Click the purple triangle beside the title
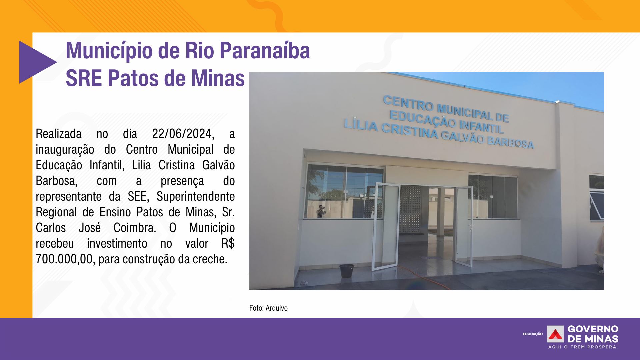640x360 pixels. click(35, 62)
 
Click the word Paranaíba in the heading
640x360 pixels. click(265, 51)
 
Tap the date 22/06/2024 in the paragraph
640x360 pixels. click(183, 134)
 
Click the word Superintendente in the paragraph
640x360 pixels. click(196, 197)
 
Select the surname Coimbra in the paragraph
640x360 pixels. click(135, 228)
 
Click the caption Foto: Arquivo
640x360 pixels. click(268, 308)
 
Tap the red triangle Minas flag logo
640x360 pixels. click(555, 334)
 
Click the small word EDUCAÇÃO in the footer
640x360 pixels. click(533, 334)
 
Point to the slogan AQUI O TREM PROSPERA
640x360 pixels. click(583, 347)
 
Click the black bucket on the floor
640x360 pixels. click(347, 271)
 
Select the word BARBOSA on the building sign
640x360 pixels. click(510, 142)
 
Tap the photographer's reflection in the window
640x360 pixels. click(321, 212)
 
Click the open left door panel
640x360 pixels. click(386, 226)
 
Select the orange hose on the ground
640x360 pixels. click(423, 277)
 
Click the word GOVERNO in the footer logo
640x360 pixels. click(593, 329)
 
